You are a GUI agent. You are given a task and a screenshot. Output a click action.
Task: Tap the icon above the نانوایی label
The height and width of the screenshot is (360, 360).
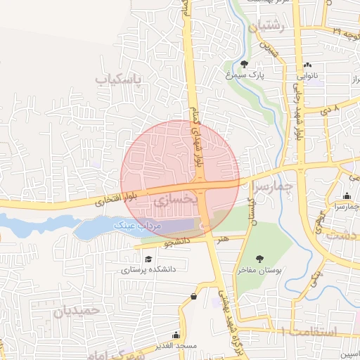(x=307, y=64)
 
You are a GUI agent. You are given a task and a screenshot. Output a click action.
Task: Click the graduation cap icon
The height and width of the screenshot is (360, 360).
(x=148, y=259)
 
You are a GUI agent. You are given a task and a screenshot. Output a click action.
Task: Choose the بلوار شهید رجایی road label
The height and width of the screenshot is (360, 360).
(x=300, y=116)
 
